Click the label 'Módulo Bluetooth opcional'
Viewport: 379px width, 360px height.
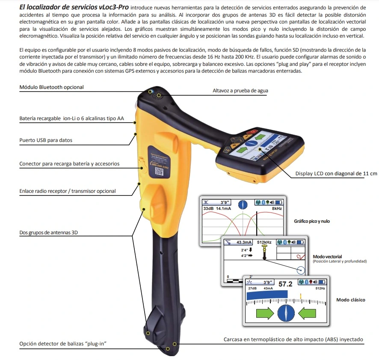[52, 87]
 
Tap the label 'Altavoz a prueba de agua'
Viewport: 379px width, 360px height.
[240, 91]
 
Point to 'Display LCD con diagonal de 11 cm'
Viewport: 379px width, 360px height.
[336, 174]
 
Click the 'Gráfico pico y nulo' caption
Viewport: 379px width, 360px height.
[312, 221]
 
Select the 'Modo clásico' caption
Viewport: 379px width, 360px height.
[350, 300]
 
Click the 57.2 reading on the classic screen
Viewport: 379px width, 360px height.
[285, 283]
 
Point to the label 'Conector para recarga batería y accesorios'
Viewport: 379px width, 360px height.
[69, 164]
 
